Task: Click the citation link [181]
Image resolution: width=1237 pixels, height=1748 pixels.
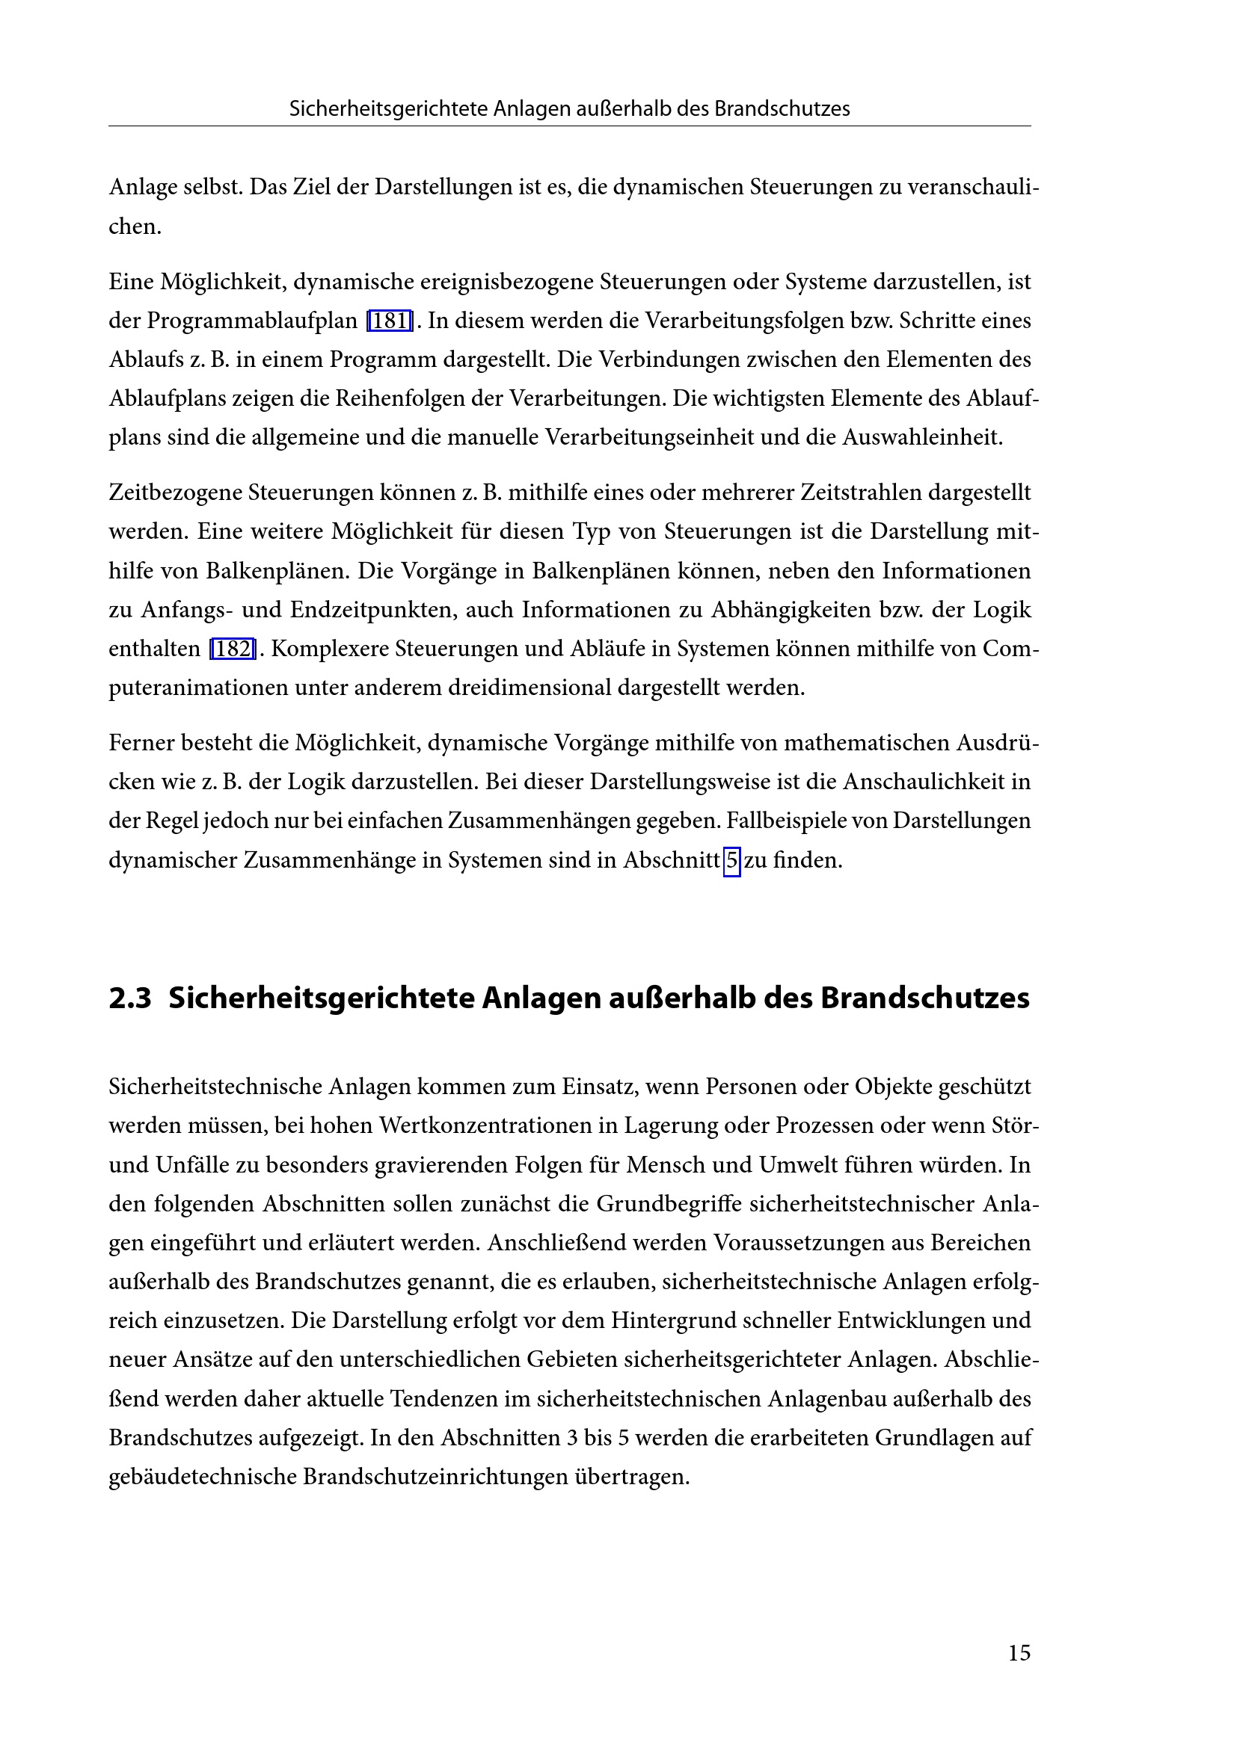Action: (x=389, y=321)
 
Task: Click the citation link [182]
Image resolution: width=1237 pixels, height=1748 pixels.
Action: (x=233, y=649)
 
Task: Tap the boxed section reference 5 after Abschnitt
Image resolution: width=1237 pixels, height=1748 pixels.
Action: (x=731, y=860)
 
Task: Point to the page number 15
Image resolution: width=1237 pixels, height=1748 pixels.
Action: (x=1019, y=1652)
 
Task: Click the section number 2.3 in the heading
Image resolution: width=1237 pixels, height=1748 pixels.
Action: (x=130, y=998)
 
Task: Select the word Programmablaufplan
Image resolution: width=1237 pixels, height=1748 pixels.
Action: (x=252, y=321)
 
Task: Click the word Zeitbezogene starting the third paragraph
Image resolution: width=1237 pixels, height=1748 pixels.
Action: (x=175, y=492)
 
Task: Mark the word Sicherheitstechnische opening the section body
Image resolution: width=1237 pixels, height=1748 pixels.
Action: (x=215, y=1087)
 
